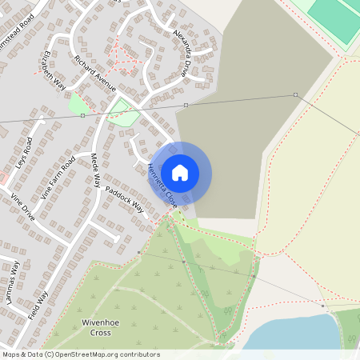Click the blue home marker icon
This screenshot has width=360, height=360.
pos(180,173)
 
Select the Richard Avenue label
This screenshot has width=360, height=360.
pos(95,73)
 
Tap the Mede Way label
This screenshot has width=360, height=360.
pos(95,170)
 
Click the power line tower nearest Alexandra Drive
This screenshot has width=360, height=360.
pos(186,105)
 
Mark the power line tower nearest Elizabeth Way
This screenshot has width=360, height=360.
pos(83,115)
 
